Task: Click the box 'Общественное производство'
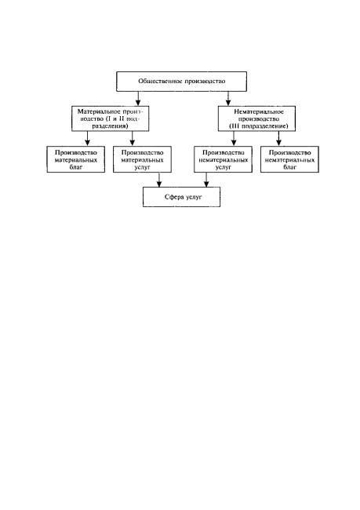tap(181, 82)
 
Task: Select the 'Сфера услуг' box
tap(181, 197)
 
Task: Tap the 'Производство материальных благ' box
tap(76, 159)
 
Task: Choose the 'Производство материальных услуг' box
tap(142, 159)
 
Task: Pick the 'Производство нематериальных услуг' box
tap(223, 159)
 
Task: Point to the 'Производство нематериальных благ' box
tap(289, 159)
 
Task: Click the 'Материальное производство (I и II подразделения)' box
tap(111, 118)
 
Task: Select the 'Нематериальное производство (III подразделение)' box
tap(256, 118)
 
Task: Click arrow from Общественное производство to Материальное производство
tap(138, 99)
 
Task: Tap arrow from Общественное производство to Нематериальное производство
tap(228, 99)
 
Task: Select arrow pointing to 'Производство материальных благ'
tap(87, 139)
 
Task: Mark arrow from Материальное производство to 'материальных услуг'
tap(132, 139)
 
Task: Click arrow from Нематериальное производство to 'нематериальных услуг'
tap(234, 139)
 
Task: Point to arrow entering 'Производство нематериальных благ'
tap(278, 139)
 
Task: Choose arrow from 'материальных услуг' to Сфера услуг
tap(159, 180)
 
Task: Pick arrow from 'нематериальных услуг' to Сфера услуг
tap(205, 180)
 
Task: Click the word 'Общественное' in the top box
tap(160, 82)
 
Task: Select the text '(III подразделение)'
tap(259, 126)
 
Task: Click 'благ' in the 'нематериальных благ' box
tap(289, 167)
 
